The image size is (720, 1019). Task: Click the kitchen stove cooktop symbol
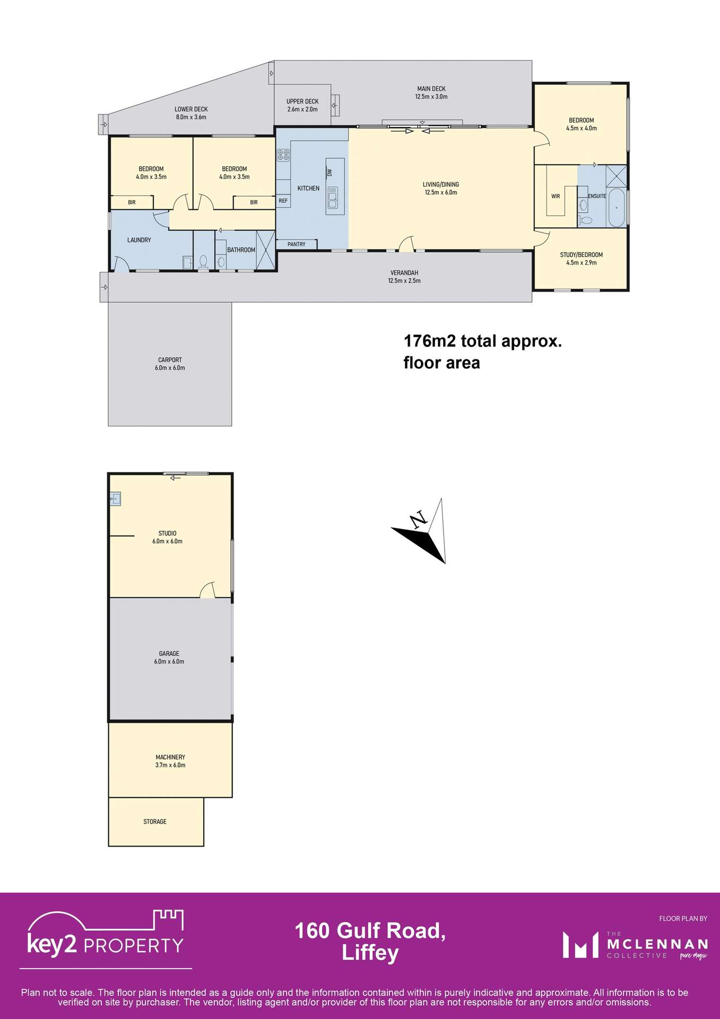click(x=283, y=155)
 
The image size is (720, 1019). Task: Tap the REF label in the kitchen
click(x=283, y=201)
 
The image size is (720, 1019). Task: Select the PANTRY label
click(x=297, y=244)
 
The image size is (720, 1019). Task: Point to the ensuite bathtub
click(x=616, y=208)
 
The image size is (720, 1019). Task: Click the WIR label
click(x=556, y=196)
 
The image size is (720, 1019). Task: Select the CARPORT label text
click(x=170, y=360)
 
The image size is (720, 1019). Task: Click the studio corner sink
click(x=115, y=499)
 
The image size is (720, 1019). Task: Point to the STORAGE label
click(x=155, y=822)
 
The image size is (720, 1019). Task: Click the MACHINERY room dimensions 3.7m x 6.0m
click(x=170, y=765)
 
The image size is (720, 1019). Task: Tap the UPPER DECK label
click(x=302, y=101)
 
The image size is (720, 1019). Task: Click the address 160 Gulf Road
click(x=370, y=931)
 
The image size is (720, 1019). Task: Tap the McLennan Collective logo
click(x=635, y=945)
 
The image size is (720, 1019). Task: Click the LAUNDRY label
click(x=139, y=240)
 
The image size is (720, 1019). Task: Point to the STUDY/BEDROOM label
click(x=581, y=255)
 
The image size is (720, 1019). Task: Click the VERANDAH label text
click(x=404, y=273)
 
